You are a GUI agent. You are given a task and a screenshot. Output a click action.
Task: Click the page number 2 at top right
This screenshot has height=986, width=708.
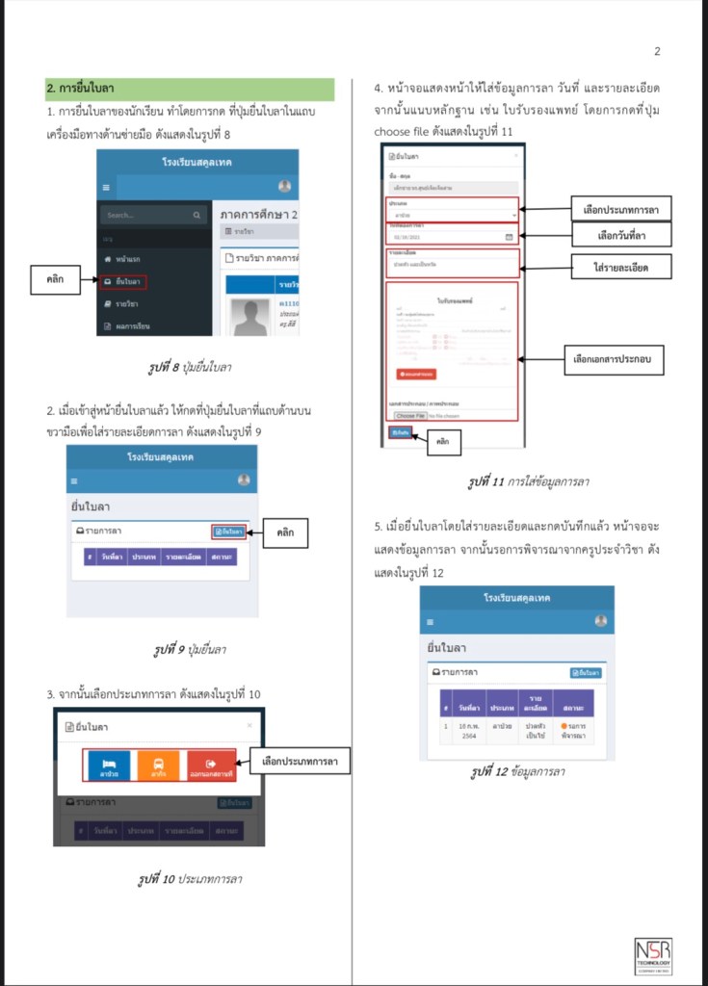pos(657,51)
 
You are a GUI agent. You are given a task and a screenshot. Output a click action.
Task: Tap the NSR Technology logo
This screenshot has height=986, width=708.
pos(653,955)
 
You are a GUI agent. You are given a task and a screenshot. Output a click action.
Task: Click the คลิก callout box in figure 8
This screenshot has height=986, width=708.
pos(55,279)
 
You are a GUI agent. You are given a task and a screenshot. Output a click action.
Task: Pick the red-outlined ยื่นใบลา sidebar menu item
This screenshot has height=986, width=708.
pos(123,281)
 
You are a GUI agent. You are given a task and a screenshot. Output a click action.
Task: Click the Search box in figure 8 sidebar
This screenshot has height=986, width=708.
pos(152,216)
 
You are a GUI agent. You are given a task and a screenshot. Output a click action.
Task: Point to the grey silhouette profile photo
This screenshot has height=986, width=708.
pos(250,317)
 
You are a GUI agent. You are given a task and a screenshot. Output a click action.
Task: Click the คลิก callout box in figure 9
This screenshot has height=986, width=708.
pos(286,532)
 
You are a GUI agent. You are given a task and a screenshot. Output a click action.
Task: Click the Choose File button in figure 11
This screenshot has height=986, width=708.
pos(409,416)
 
